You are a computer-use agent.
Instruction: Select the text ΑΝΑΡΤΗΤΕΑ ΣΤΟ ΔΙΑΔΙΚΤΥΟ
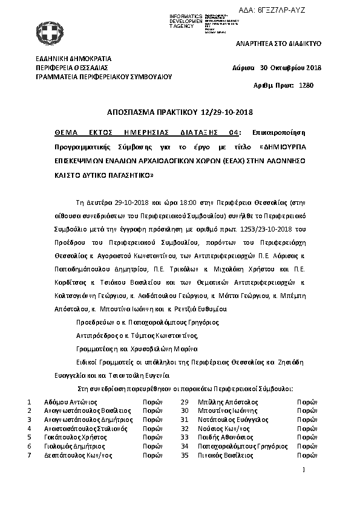click(x=278, y=44)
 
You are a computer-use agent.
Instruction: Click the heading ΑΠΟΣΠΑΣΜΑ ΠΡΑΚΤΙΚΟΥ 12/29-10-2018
click(x=179, y=113)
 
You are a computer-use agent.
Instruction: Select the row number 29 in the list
click(x=185, y=401)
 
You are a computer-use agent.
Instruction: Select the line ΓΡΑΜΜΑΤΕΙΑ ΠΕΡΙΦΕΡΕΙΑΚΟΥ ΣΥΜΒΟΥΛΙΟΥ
click(x=104, y=77)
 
